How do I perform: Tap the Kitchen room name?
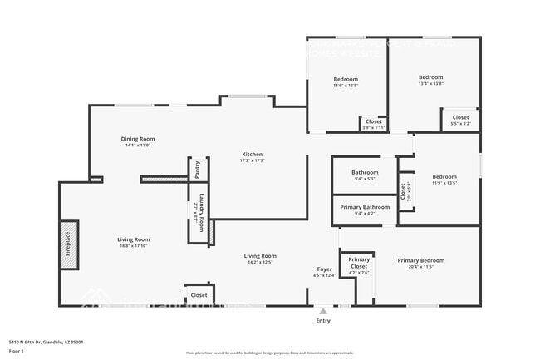253,155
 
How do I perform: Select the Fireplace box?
67,245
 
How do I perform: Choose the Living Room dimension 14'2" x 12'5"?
259,263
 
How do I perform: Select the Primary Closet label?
359,263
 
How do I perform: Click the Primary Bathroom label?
364,206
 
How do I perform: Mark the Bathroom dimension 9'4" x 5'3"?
364,179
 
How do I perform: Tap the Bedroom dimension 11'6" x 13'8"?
346,86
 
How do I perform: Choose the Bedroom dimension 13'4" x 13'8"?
430,83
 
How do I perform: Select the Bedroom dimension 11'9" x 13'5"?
444,183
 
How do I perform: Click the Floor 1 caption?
17,352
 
